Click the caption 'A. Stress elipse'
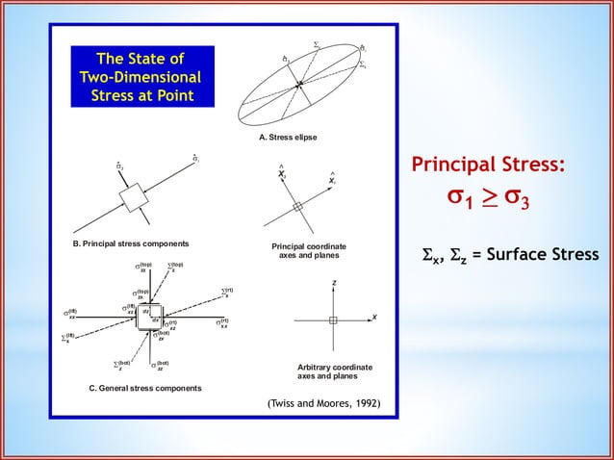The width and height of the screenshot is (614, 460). point(288,139)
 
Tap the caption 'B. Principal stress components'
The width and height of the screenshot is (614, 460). point(132,243)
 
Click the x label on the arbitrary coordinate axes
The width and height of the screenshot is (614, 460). point(373,318)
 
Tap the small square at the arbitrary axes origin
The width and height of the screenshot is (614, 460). point(333,319)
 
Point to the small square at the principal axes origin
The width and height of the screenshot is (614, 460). point(299,206)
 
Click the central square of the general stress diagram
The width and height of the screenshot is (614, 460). point(151,319)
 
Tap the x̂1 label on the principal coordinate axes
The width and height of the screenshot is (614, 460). point(332,180)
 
